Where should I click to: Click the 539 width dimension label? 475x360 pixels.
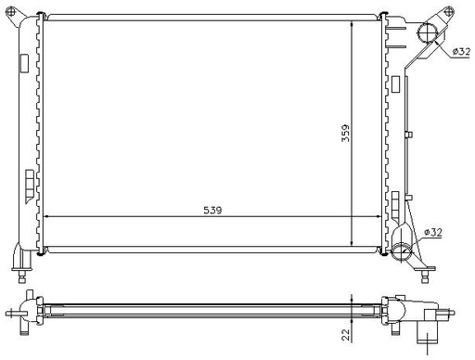pos(212,210)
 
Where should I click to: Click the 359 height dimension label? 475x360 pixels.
pos(345,134)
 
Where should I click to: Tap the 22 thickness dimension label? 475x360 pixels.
pos(346,335)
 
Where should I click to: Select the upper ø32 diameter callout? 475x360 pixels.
pos(461,51)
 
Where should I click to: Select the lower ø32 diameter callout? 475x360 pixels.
pos(433,232)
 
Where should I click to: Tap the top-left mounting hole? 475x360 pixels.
pos(11,12)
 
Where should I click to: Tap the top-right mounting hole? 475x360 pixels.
pos(448,12)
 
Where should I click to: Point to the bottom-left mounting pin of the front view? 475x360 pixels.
pos(22,276)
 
